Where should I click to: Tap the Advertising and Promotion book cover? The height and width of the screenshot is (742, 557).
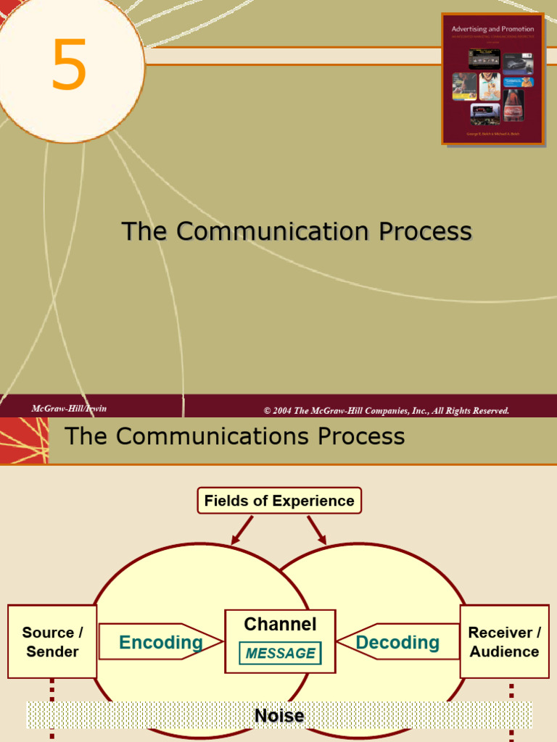pos(492,78)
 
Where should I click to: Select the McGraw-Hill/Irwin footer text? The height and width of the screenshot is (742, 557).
pos(69,409)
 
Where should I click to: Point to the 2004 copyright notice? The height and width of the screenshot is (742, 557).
pos(387,411)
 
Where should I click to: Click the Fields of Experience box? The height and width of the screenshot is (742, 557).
pos(279,501)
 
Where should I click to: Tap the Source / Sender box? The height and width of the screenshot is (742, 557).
pos(52,642)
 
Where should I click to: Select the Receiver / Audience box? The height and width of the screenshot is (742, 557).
pos(504,642)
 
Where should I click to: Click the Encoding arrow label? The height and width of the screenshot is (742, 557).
pos(160,642)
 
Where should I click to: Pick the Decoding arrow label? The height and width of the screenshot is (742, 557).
pos(397,642)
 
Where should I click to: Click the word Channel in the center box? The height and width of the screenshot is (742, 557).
pos(280,624)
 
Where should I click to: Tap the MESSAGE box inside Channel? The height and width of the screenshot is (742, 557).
pos(280,654)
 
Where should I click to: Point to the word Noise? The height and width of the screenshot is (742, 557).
pos(279,717)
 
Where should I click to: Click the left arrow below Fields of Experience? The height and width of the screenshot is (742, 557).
pos(242,530)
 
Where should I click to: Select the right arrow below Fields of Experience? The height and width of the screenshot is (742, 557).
pos(317,530)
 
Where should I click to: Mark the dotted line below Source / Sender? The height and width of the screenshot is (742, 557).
pos(52,706)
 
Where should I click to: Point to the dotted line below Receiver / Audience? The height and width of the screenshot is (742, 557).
pos(511,706)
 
